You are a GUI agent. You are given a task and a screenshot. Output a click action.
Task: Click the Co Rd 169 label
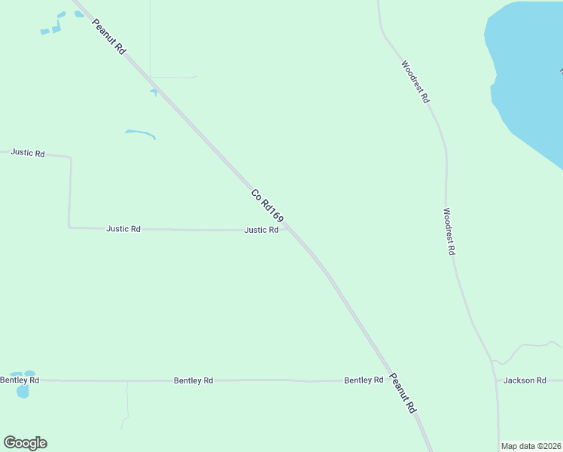267,205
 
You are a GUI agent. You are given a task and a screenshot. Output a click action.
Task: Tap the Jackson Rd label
525,380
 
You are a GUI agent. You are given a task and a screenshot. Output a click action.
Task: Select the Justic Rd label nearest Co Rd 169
261,230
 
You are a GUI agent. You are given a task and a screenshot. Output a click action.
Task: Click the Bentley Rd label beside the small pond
20,380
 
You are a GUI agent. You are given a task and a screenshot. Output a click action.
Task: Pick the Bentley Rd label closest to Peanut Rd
364,380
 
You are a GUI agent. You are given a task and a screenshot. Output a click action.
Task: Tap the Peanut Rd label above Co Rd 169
108,35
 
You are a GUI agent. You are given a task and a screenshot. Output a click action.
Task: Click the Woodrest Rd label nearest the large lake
415,81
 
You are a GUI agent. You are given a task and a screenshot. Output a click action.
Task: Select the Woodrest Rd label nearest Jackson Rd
449,231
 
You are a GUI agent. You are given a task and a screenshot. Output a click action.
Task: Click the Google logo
25,443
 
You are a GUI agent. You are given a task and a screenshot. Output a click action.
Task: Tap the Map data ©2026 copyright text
531,446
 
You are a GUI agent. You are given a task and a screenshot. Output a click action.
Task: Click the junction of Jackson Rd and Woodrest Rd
496,380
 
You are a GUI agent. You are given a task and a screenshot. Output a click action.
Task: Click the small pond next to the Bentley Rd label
23,390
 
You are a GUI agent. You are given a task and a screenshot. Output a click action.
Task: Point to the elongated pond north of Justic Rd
140,134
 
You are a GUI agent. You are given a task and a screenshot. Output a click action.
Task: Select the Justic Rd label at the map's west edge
28,153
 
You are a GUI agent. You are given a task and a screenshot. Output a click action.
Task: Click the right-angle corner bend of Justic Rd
69,227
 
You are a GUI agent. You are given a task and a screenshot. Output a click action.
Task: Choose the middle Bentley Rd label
193,380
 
